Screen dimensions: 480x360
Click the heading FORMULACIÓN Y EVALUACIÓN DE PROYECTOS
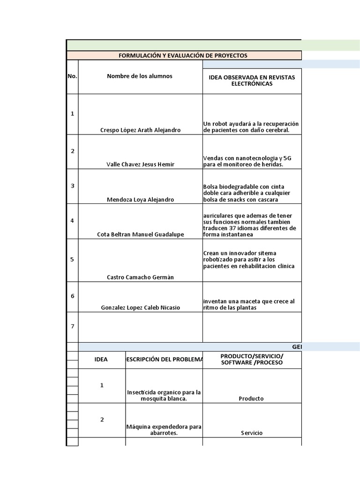183,55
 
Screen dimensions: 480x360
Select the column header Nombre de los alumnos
140,76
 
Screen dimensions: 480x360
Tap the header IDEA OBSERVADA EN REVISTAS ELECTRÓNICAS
252,80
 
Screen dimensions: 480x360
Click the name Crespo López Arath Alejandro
140,130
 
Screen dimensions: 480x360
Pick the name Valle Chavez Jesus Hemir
140,165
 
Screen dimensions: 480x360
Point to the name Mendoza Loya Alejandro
140,199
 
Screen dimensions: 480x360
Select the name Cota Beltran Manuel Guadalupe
140,234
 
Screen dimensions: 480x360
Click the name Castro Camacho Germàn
140,277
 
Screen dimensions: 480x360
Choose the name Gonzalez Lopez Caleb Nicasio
140,307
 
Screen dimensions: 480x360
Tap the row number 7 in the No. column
72,326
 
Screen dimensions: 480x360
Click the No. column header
72,76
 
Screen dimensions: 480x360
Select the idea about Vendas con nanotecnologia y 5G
250,161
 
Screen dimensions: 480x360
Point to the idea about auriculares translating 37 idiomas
250,225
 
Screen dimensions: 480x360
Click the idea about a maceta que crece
249,304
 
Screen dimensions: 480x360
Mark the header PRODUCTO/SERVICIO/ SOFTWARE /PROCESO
252,360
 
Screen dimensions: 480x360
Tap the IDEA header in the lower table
101,360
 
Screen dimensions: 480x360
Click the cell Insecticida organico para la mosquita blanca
164,395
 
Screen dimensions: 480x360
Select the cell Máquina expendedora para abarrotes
164,430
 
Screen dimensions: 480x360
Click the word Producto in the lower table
251,398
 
